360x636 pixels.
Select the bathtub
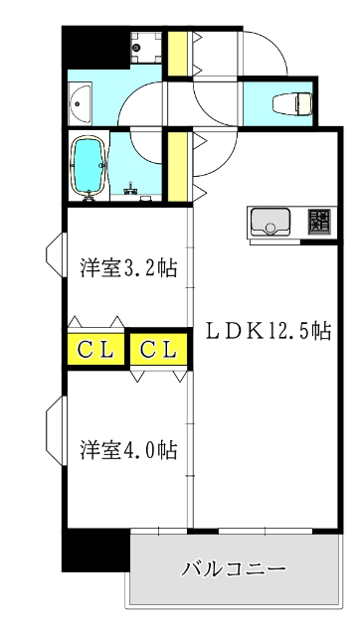pos(90,165)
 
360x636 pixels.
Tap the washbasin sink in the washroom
pos(80,101)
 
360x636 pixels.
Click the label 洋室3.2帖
pos(129,268)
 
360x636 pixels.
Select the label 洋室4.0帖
pos(129,450)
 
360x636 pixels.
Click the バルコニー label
pos(234,569)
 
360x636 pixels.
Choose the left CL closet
pos(95,349)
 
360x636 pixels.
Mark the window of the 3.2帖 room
pos(55,257)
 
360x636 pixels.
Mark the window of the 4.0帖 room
pos(55,425)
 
